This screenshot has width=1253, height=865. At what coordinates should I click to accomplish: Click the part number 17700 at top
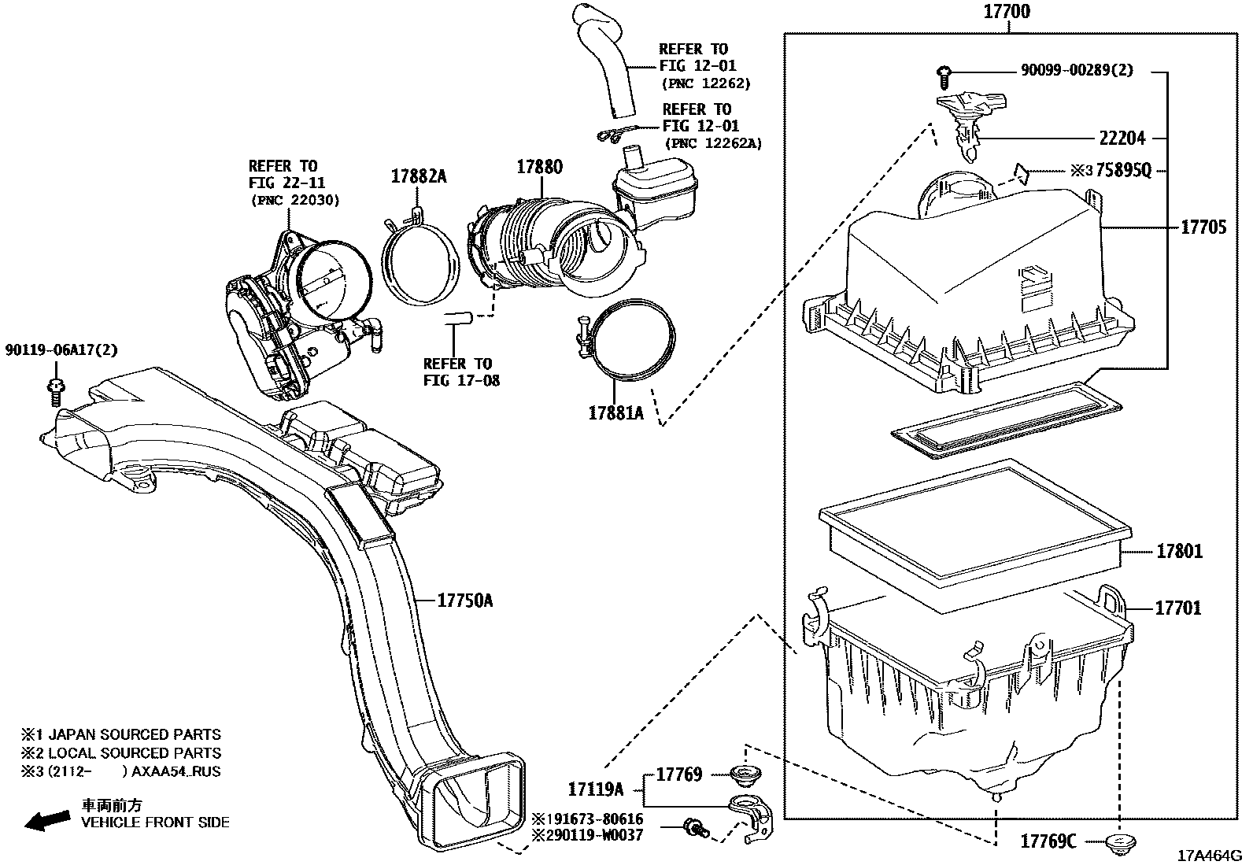(x=1007, y=12)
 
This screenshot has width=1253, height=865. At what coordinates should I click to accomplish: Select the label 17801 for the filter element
(x=1178, y=551)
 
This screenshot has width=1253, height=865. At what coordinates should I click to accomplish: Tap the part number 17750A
(x=465, y=601)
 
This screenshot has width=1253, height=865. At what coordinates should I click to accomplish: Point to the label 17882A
(x=418, y=176)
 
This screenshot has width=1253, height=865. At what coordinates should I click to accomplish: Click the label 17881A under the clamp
(x=615, y=412)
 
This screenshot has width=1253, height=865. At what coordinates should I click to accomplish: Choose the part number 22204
(x=1122, y=139)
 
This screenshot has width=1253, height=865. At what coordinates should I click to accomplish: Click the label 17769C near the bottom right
(x=1048, y=841)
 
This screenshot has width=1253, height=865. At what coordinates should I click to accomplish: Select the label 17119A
(x=595, y=789)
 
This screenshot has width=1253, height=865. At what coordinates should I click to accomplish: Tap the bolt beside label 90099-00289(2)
(x=945, y=75)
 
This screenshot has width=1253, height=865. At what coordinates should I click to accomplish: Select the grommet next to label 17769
(x=742, y=776)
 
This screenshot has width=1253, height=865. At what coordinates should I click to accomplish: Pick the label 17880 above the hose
(x=539, y=167)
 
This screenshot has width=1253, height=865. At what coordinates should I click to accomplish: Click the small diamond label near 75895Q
(x=1021, y=172)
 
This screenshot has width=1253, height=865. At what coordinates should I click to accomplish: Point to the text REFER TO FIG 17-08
(x=457, y=372)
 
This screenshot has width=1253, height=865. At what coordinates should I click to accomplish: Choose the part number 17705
(x=1203, y=227)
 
